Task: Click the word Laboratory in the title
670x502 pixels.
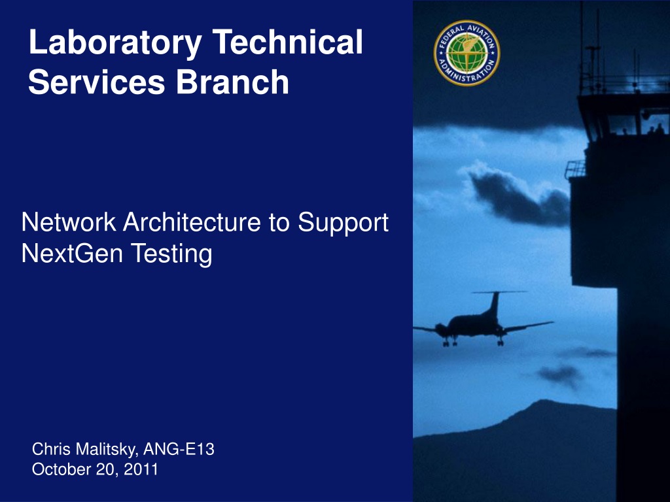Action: coord(115,42)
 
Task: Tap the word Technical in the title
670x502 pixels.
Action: coord(287,42)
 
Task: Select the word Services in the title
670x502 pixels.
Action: coord(97,82)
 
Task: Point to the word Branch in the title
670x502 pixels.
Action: coord(232,82)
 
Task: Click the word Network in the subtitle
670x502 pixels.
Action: coord(68,222)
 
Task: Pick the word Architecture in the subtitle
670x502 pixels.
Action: coord(192,222)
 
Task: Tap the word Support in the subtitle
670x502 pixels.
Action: coord(343,224)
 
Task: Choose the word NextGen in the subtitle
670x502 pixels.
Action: coord(72,253)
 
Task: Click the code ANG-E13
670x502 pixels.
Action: coord(179,449)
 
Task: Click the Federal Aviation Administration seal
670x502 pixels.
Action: coord(467,53)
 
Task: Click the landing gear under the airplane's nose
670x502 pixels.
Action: coord(447,341)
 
